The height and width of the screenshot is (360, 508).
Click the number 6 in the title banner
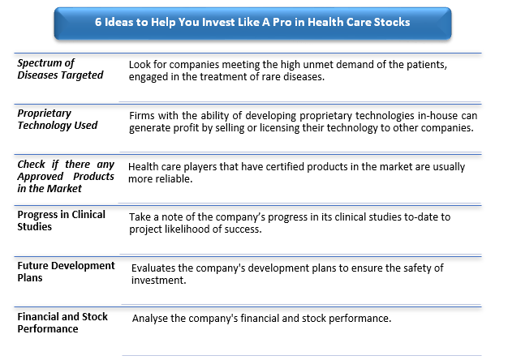coord(98,22)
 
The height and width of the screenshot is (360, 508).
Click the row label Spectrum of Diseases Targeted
coord(60,69)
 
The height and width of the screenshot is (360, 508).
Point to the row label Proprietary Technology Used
coord(58,119)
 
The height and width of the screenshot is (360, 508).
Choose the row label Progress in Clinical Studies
coord(61,221)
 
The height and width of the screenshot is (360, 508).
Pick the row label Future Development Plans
coord(66,272)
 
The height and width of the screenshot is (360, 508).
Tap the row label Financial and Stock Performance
coord(62,323)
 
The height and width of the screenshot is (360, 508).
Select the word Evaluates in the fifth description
coord(153,268)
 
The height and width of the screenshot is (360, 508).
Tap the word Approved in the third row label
coord(41,177)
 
